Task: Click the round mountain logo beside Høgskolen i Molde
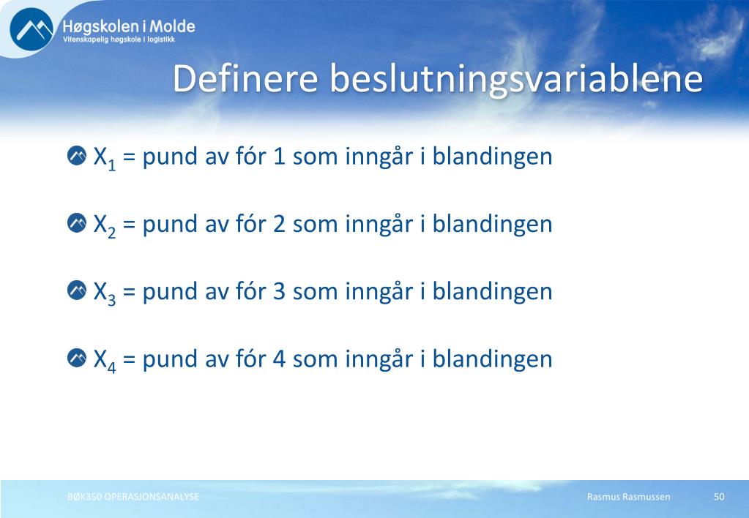point(31,29)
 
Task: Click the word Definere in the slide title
point(245,78)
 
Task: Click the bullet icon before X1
point(77,156)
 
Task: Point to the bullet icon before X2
point(77,223)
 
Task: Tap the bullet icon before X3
point(77,290)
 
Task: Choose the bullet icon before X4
point(77,358)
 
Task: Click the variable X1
point(105,158)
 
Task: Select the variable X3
point(105,293)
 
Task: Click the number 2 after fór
point(279,224)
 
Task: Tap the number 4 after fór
point(279,359)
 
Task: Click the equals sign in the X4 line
point(129,359)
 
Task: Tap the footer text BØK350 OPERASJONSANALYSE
point(133,497)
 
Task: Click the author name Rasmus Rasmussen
point(629,497)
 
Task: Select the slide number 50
point(719,497)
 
